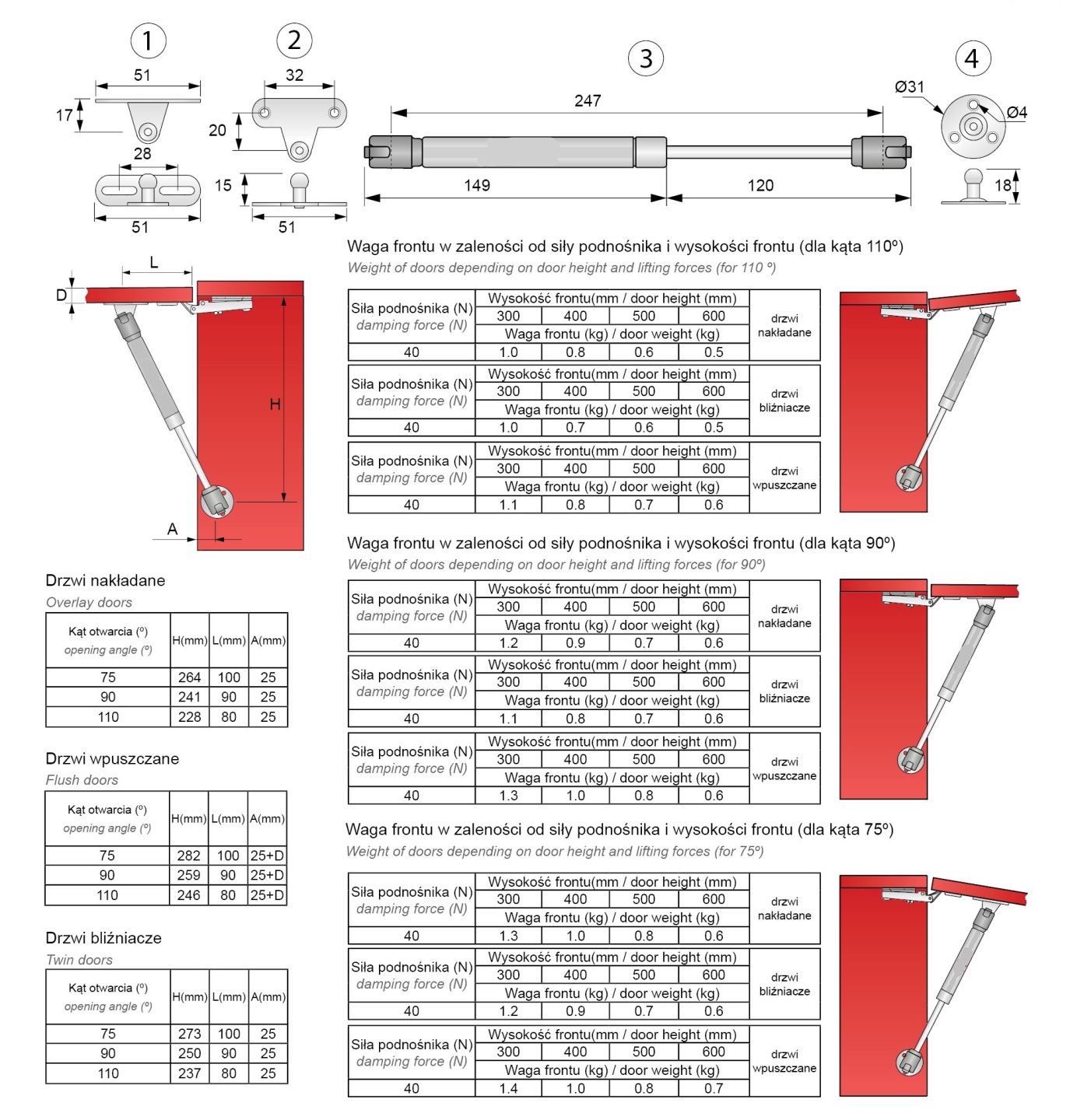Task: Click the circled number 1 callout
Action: tap(148, 40)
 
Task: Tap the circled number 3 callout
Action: tap(645, 58)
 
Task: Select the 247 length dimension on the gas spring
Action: tap(588, 101)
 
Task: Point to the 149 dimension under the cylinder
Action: tap(477, 185)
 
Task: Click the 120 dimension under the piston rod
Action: tap(760, 185)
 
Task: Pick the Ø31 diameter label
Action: tap(909, 87)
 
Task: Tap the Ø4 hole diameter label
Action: tap(1016, 113)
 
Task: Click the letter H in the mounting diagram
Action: tap(275, 404)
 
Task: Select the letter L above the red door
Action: tap(154, 263)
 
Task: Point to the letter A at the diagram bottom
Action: tap(173, 530)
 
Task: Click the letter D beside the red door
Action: tap(61, 296)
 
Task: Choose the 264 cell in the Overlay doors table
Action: tap(189, 677)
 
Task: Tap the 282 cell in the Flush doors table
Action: tap(188, 856)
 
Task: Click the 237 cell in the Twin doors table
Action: tap(189, 1073)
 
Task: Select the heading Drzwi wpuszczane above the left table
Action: tap(112, 759)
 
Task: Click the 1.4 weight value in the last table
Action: tap(508, 1089)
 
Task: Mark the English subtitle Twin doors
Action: tap(79, 960)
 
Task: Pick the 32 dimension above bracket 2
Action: tap(294, 75)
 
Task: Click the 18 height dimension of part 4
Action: tap(1003, 185)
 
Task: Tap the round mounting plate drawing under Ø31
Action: tap(972, 126)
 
